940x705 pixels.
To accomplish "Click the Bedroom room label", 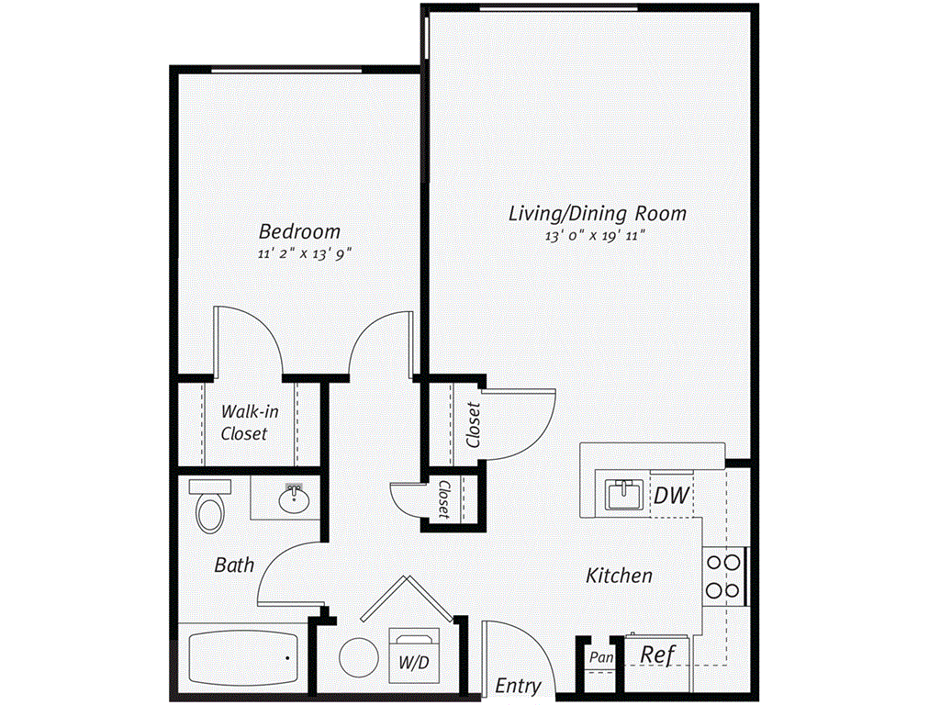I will click(x=299, y=231).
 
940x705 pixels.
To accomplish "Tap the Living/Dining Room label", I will click(x=598, y=214).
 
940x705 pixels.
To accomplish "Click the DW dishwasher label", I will click(x=671, y=497).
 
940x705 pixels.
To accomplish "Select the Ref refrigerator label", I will click(x=658, y=655).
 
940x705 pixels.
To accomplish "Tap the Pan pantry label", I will click(x=600, y=658).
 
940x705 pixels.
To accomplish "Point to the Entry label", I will click(x=518, y=686).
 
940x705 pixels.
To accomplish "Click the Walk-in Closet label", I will click(x=244, y=422).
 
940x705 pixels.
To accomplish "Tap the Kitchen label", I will click(x=620, y=576).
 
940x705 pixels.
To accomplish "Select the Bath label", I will click(x=234, y=565).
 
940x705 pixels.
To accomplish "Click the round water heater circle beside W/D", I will click(x=357, y=657).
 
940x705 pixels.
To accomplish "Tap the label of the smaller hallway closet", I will click(x=443, y=499).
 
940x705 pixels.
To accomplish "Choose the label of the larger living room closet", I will click(x=474, y=424).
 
